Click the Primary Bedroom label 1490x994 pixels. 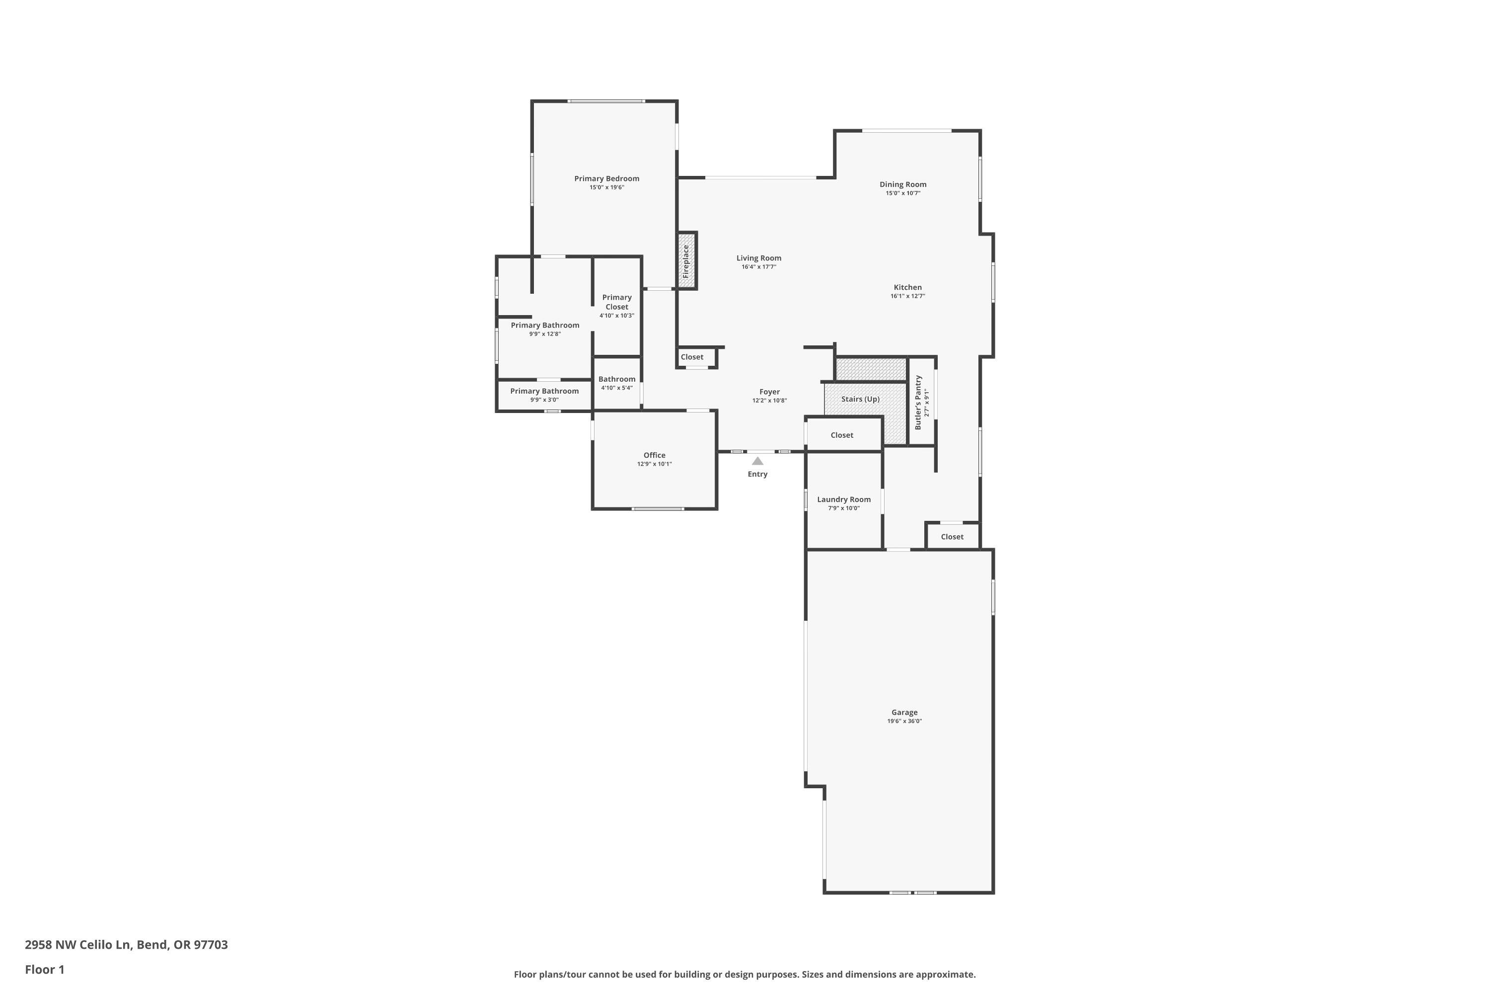pos(606,179)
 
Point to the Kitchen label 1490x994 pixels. pos(907,287)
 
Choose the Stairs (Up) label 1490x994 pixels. pos(860,400)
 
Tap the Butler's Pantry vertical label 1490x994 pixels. pos(918,403)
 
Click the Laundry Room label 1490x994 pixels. pos(843,499)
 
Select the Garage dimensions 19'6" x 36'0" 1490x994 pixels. pos(904,722)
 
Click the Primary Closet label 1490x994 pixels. pos(616,302)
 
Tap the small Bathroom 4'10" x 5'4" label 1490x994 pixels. pos(616,379)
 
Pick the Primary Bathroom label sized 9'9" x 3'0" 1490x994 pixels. pos(544,391)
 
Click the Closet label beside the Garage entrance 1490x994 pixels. pos(952,537)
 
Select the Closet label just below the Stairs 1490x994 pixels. pos(841,435)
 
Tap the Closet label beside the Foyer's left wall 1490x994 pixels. pos(692,357)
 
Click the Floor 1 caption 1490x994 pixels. pos(44,969)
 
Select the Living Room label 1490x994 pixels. pos(758,258)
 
